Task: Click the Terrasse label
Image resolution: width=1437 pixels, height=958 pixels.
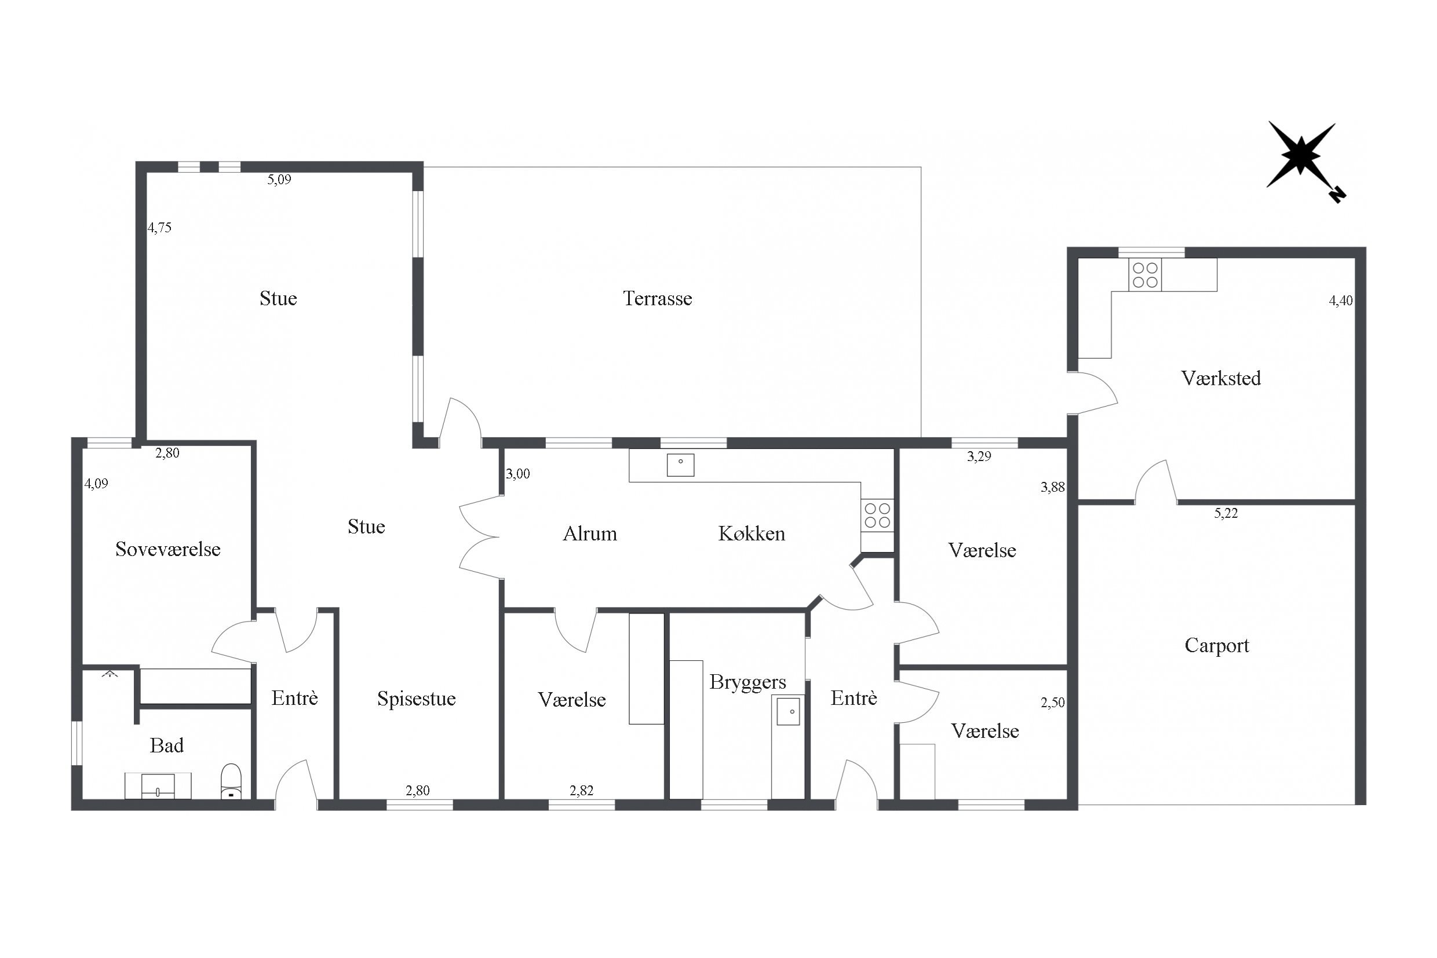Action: tap(658, 298)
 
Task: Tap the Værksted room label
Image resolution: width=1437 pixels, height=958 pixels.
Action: tap(1221, 378)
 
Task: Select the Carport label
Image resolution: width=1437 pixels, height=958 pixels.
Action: tap(1216, 646)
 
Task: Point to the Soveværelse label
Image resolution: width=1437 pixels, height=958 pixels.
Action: tap(167, 549)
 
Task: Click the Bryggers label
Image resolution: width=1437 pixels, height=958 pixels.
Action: tap(747, 682)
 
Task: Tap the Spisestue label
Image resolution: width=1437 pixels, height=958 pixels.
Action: tap(416, 699)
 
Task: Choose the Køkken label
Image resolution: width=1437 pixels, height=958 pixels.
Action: tap(751, 534)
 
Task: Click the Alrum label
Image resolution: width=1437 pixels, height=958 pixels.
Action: tap(590, 534)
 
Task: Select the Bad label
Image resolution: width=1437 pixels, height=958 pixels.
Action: tap(166, 745)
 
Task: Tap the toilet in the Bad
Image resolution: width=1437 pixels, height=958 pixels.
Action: tap(231, 781)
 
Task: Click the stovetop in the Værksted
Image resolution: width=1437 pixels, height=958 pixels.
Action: tap(1145, 275)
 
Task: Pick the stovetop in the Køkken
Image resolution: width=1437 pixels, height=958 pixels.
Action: tap(877, 515)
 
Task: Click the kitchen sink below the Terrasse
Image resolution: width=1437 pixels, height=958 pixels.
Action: tap(680, 465)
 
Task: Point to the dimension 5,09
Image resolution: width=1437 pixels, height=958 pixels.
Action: tap(279, 180)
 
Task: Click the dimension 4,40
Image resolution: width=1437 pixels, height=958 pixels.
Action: tap(1340, 301)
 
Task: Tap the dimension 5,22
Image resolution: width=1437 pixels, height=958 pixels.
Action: tap(1226, 513)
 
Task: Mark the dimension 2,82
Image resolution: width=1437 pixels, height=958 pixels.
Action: tap(581, 791)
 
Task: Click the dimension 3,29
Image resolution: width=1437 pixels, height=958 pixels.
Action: tap(979, 456)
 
